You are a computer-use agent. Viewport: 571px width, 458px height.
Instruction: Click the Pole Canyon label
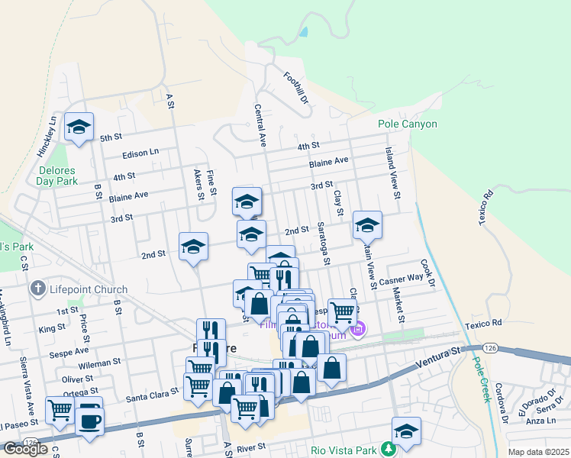pos(408,124)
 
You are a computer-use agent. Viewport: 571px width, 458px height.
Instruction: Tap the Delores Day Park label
pos(56,176)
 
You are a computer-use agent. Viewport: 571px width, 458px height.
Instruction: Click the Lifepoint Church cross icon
pos(37,289)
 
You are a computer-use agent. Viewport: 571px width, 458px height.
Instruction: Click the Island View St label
pos(392,173)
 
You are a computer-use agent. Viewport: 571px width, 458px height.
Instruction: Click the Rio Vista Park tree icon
pos(389,449)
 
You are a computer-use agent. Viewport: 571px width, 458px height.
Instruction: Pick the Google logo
pos(25,449)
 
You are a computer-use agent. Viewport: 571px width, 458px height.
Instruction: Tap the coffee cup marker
pos(89,419)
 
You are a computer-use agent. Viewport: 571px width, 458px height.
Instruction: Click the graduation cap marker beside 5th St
pos(79,127)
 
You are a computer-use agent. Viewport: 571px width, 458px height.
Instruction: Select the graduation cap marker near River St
pos(406,431)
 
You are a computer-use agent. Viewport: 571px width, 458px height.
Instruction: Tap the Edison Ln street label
pos(140,153)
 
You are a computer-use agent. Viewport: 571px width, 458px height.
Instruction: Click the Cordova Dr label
pos(503,402)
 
